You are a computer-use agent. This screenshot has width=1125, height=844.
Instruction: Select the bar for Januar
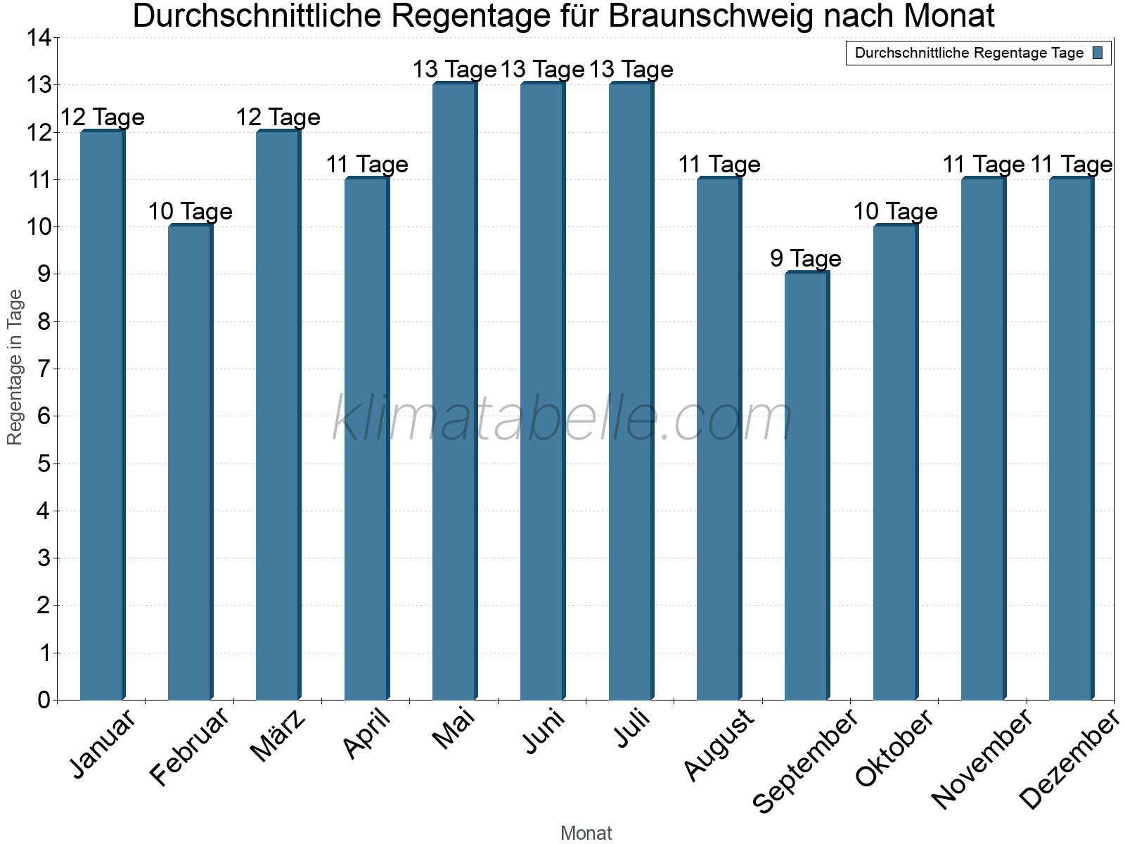point(102,415)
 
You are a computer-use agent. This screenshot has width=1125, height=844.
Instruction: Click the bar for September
point(806,485)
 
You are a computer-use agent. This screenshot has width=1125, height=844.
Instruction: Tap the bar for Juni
point(542,391)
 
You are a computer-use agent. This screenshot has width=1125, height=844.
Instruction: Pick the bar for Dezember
point(1071,439)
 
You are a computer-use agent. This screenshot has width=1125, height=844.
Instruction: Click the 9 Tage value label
point(806,258)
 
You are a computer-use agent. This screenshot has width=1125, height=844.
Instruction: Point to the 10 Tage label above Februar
point(190,211)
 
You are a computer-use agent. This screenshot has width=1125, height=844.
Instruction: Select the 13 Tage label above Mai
point(454,70)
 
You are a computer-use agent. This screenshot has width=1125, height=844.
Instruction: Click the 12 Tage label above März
point(278,117)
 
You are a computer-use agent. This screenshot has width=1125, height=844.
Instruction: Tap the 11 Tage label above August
point(719,164)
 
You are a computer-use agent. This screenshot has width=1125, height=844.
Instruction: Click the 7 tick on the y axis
point(44,369)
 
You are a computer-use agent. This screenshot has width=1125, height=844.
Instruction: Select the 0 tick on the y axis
point(44,700)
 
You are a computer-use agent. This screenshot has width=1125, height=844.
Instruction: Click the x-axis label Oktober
point(894,748)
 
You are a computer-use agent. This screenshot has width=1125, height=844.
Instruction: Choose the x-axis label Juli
point(632,729)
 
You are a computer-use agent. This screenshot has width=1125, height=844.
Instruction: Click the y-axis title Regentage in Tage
point(15,367)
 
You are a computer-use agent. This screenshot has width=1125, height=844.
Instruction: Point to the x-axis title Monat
point(586,833)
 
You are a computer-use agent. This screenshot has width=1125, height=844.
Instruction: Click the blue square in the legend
point(1098,53)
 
